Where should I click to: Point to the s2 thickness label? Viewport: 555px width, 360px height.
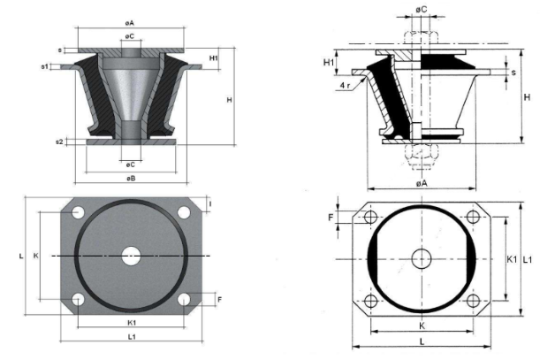(x=59, y=141)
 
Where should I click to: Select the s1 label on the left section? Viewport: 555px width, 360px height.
(x=44, y=65)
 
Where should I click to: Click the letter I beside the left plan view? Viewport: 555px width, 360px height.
(x=209, y=204)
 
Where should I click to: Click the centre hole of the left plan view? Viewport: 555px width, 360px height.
(x=131, y=256)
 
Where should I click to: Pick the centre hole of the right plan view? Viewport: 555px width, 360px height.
(x=422, y=258)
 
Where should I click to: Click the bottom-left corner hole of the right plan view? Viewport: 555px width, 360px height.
(x=369, y=301)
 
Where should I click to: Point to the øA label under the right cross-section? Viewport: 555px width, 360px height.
(x=422, y=182)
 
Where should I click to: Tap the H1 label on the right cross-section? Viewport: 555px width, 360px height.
(x=329, y=63)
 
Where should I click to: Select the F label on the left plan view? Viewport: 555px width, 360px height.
(x=218, y=300)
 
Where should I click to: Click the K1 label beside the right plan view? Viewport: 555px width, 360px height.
(x=512, y=260)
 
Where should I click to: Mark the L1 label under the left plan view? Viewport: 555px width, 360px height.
(x=131, y=337)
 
